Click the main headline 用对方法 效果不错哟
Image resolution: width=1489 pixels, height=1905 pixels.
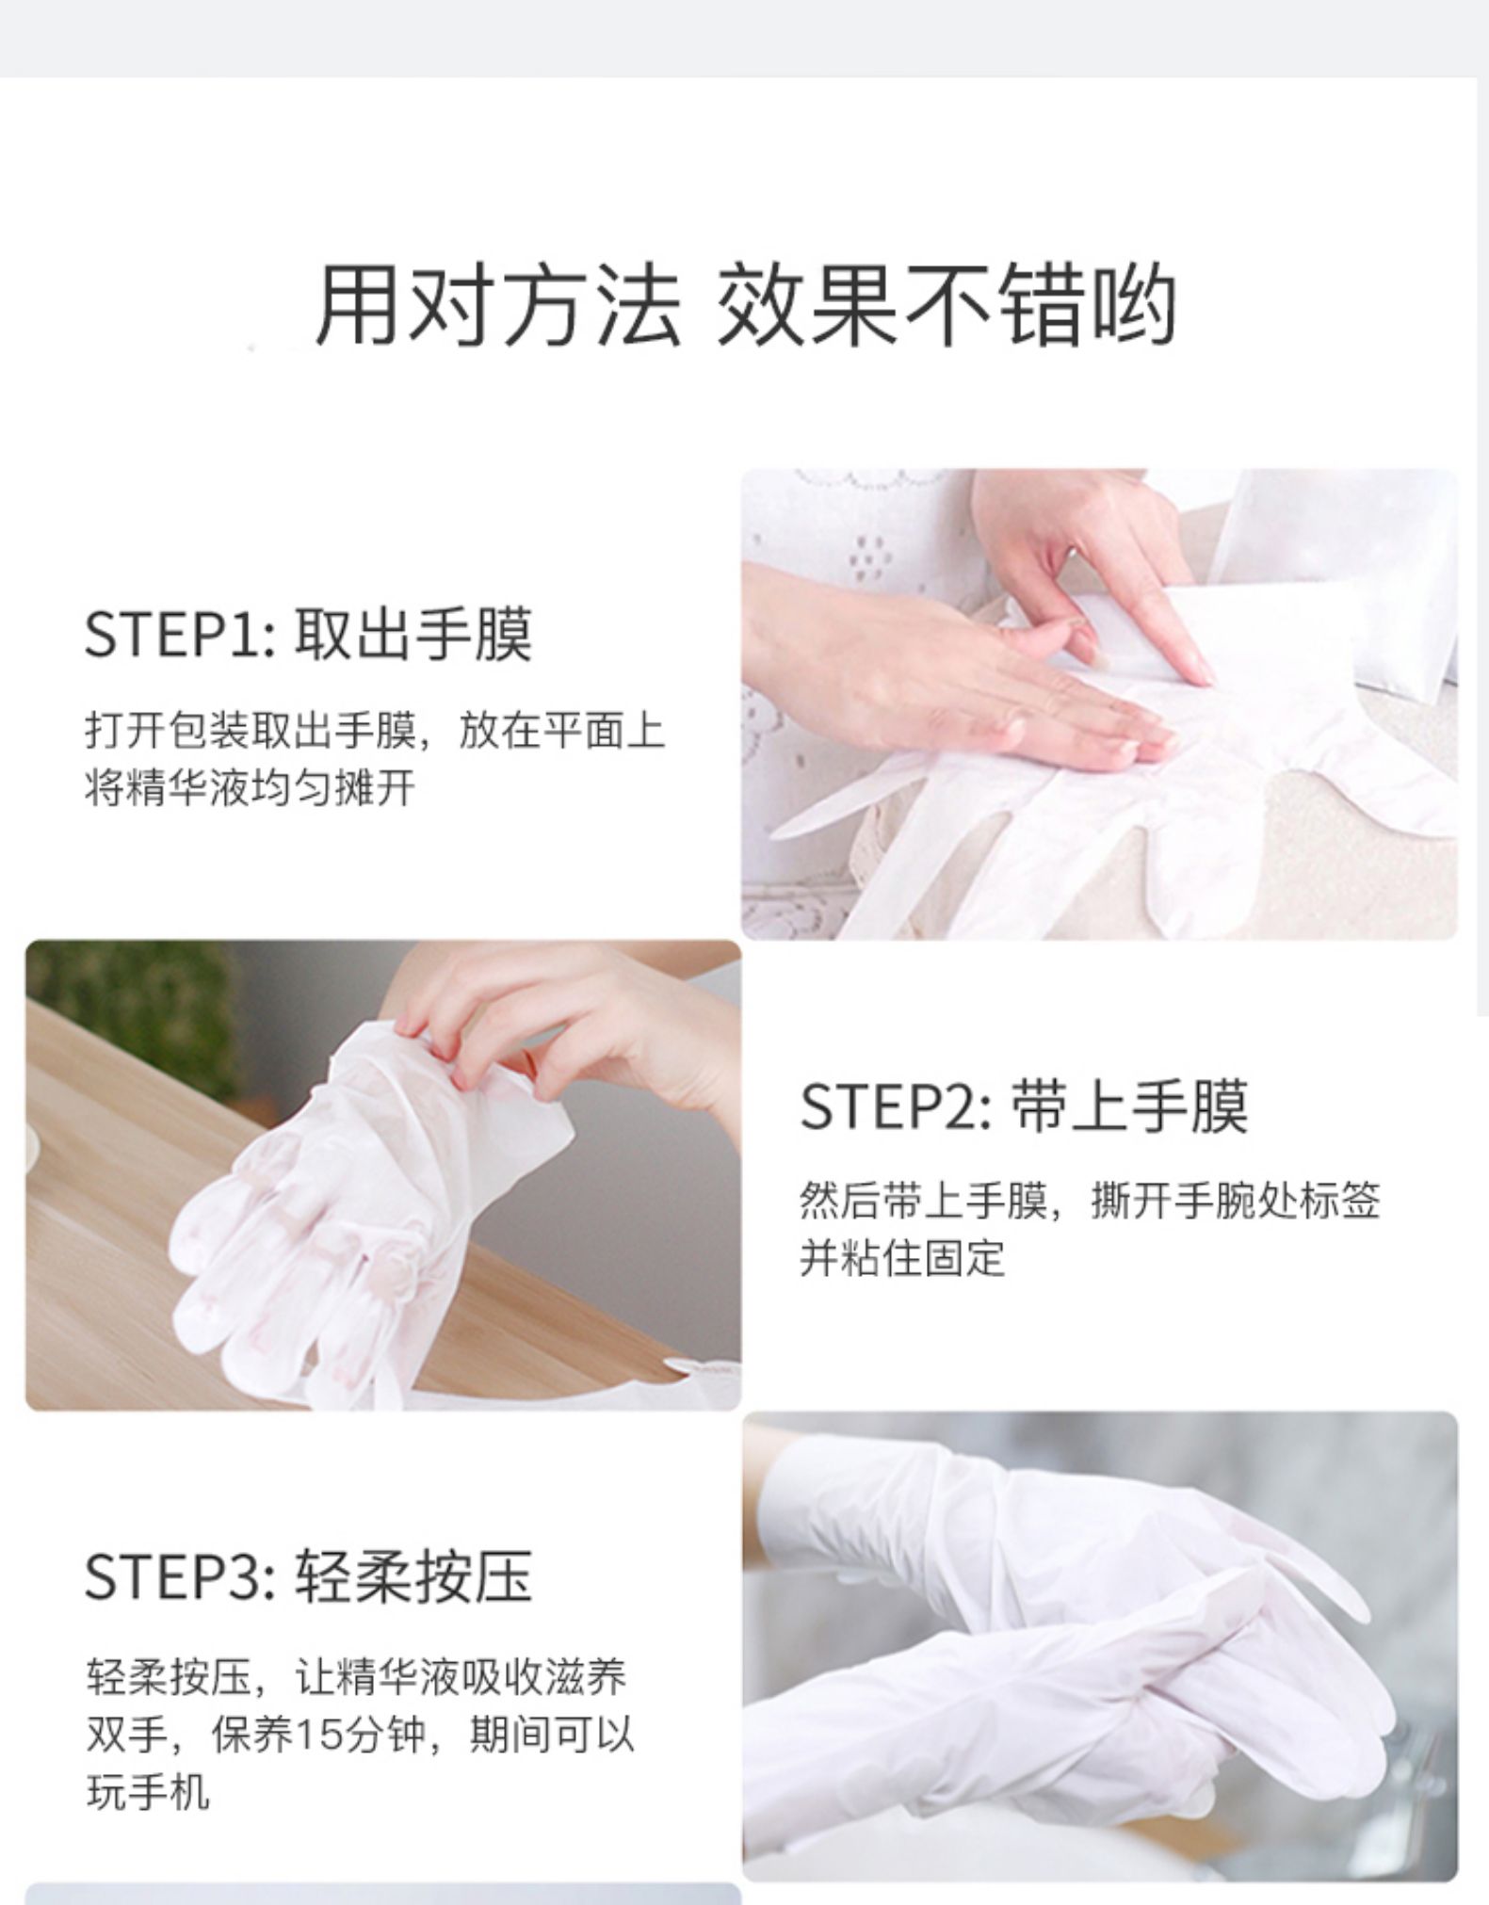pyautogui.click(x=745, y=304)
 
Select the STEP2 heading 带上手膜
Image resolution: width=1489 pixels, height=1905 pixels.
pyautogui.click(x=1129, y=1106)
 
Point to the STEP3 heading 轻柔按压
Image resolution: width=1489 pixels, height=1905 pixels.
pyautogui.click(x=413, y=1576)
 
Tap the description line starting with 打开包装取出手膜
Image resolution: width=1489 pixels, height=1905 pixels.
pyautogui.click(x=375, y=731)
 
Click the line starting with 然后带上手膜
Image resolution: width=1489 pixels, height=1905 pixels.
pyautogui.click(x=1091, y=1201)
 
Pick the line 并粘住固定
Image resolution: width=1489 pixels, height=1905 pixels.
pyautogui.click(x=903, y=1257)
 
